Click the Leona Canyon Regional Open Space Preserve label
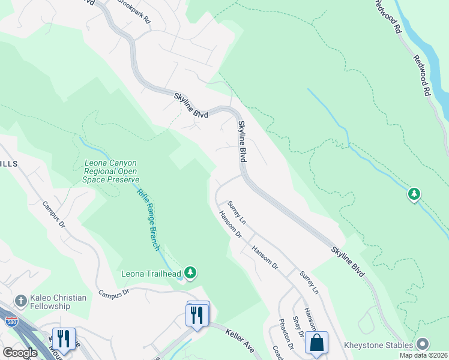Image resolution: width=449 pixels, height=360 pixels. point(107,170)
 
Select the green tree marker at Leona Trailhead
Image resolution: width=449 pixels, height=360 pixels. point(190,273)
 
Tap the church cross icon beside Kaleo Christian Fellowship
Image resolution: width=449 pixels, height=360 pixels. point(20,300)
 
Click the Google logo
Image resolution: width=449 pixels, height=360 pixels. point(20,353)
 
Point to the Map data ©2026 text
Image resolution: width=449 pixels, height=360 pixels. point(423,355)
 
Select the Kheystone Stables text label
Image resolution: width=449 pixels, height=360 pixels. point(378,345)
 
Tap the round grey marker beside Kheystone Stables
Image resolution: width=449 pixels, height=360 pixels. point(423,344)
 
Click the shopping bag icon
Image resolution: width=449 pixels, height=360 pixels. point(316,343)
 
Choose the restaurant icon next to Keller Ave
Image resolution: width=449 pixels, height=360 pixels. point(198,314)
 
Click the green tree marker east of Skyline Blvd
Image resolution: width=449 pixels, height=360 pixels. point(414,194)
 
